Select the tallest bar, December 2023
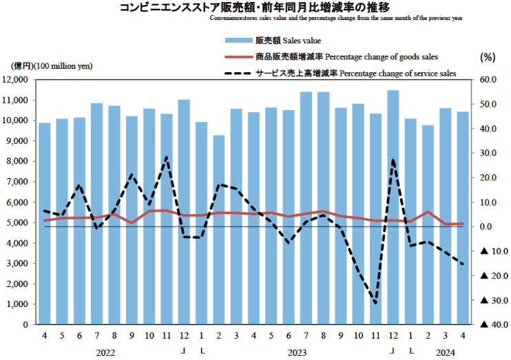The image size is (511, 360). (393, 207)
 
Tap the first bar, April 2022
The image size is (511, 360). (44, 223)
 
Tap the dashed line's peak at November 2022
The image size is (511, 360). (166, 158)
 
